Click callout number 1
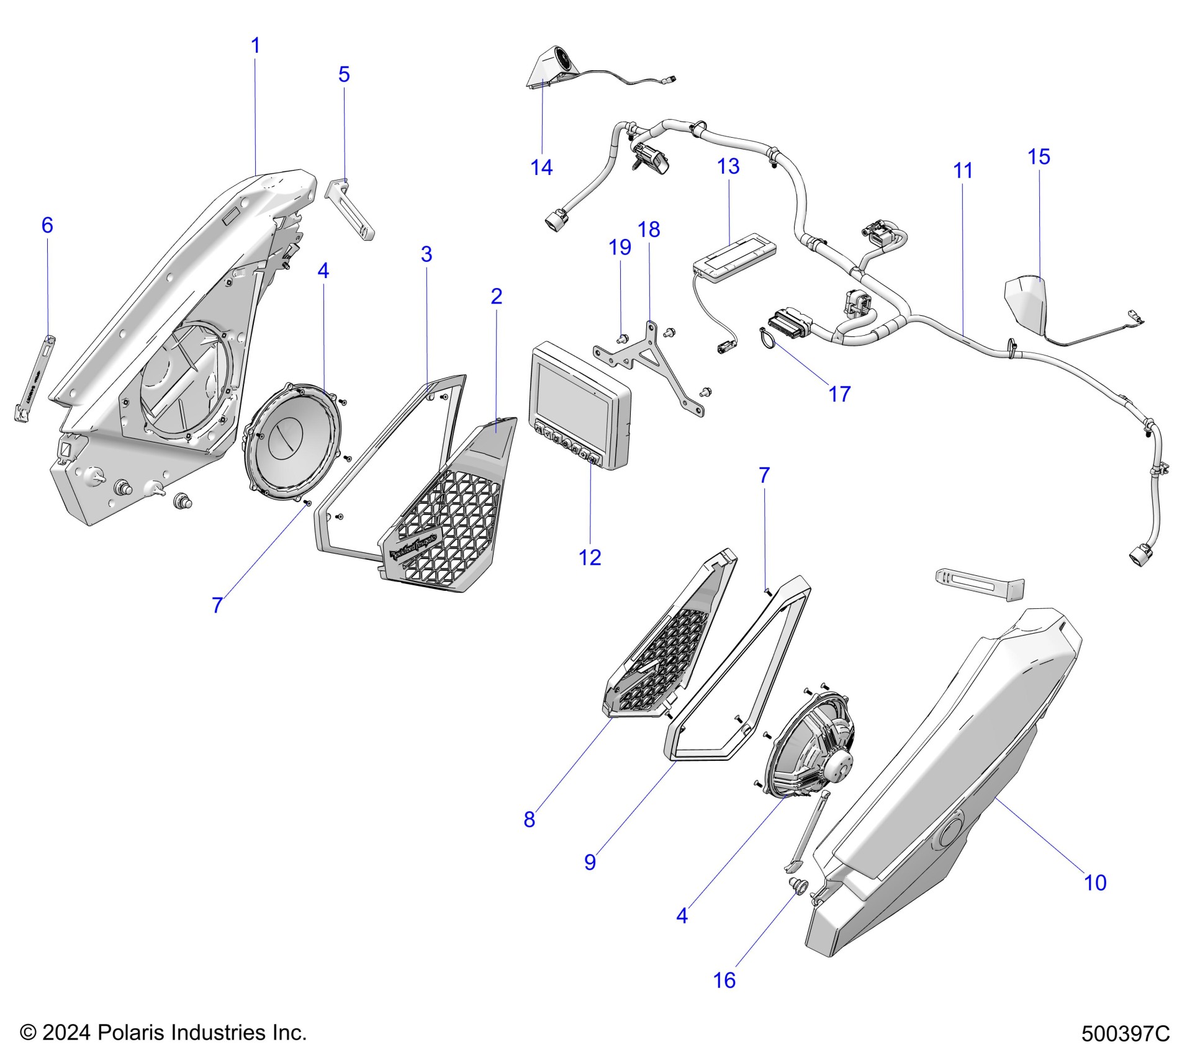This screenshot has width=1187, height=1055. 255,45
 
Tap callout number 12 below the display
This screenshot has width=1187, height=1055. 590,557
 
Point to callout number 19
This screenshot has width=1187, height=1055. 620,247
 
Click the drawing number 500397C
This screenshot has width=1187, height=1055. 1125,1034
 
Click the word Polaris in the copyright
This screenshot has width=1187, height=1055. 132,1033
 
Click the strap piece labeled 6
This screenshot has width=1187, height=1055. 34,378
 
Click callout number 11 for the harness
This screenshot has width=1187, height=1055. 962,171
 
